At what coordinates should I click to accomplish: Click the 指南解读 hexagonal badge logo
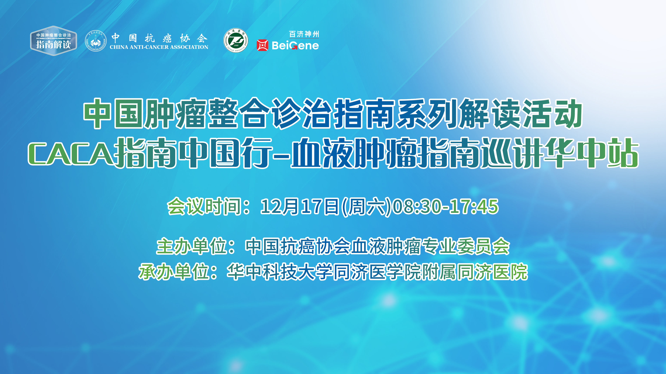(54, 41)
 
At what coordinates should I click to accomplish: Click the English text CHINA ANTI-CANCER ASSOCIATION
(159, 47)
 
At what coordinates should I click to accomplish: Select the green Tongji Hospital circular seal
(236, 40)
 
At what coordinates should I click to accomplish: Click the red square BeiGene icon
(262, 45)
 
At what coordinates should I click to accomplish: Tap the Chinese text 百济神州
(304, 34)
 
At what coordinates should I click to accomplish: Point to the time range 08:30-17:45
(445, 207)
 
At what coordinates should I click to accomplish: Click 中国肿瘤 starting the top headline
(145, 114)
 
